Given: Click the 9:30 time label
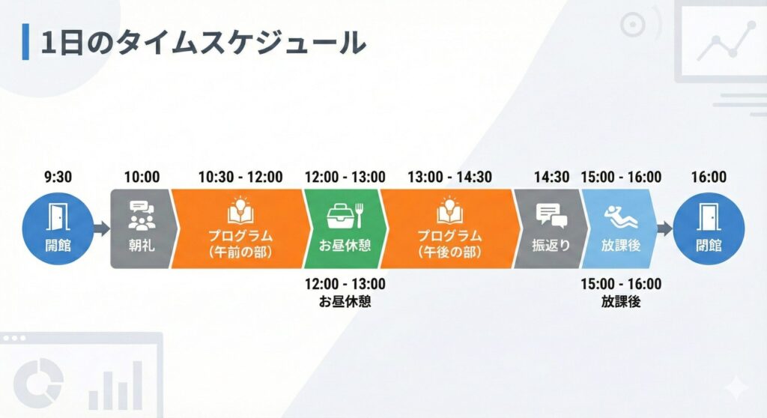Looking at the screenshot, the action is pos(58,177).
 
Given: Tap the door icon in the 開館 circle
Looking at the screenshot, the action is pos(58,216).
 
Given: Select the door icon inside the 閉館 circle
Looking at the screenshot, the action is pos(709,216).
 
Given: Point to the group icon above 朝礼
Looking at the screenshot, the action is pos(142,215).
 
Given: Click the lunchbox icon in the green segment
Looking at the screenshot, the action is pos(345,216).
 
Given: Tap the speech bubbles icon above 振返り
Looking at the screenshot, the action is pos(551,216).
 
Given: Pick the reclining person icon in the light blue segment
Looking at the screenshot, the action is pos(621,216).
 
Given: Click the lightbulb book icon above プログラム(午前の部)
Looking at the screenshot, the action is pos(240,210).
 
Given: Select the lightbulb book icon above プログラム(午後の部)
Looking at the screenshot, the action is pos(449,210).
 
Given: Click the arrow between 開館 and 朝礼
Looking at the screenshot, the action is pos(101,228).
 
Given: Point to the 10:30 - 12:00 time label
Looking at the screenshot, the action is pos(240,177).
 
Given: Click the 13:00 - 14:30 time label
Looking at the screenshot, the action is pos(449,177).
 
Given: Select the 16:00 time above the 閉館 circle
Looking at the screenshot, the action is pos(709,177).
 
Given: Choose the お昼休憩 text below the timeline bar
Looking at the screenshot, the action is pos(345,301).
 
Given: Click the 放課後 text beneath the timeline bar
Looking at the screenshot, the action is pos(621,301).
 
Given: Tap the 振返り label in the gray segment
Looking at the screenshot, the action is pos(551,245).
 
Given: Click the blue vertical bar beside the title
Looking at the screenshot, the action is pos(25,42).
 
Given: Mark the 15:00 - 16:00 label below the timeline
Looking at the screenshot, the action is pos(621,284).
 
